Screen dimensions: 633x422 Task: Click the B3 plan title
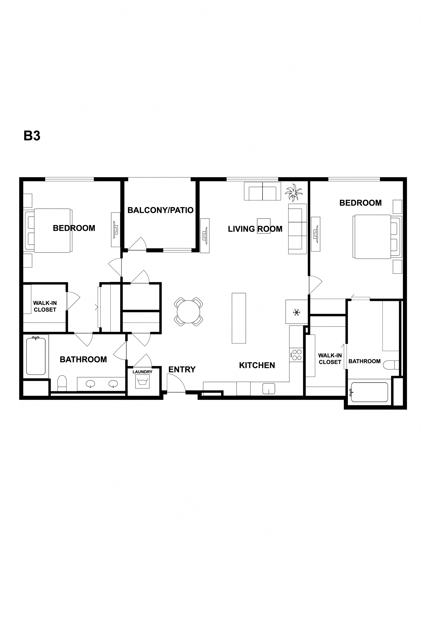point(32,136)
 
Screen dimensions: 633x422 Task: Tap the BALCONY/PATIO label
point(160,210)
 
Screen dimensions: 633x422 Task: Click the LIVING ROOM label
point(255,229)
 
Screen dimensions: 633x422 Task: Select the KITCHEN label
point(257,365)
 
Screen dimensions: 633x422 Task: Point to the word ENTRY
point(182,369)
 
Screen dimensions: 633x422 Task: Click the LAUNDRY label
point(142,372)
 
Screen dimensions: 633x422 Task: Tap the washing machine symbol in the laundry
point(142,382)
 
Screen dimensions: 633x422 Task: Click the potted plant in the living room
point(293,192)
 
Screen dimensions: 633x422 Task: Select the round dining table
point(188,312)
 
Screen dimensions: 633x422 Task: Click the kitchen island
point(239,318)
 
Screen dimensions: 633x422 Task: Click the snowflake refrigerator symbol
point(297,313)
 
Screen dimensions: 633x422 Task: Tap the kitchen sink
point(269,389)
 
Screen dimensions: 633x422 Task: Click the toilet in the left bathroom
point(62,383)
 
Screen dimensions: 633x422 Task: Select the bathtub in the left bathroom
point(36,356)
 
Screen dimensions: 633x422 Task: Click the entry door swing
point(176,384)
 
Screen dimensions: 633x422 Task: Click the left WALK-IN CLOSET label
point(45,306)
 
